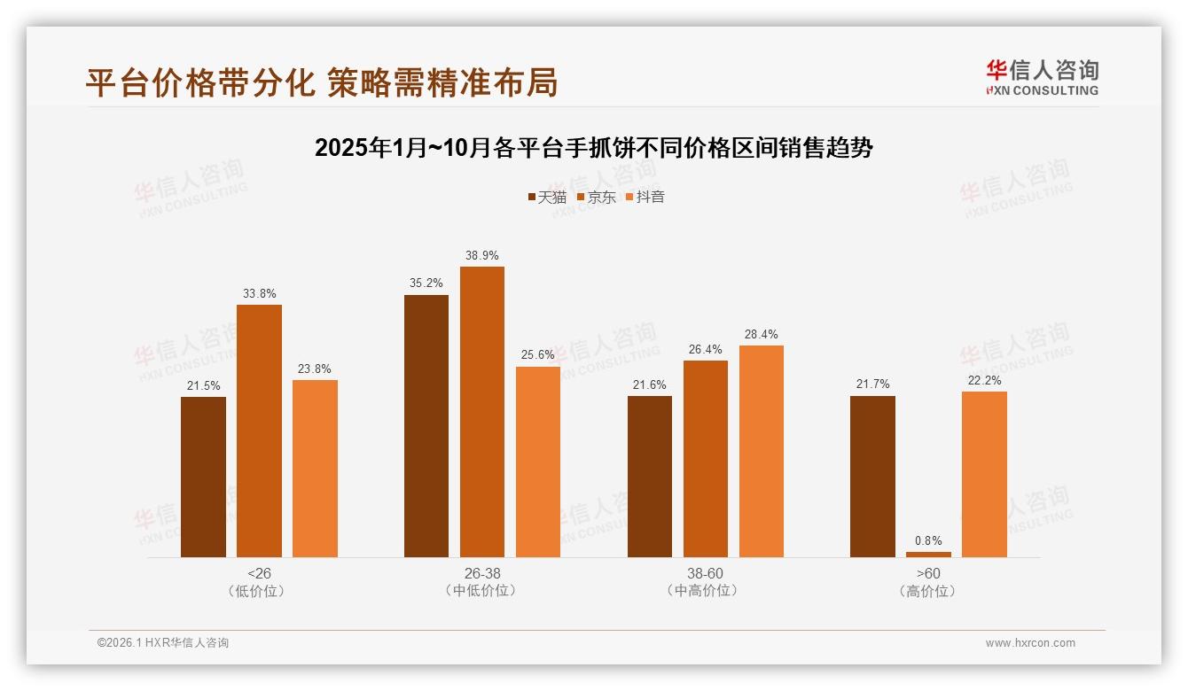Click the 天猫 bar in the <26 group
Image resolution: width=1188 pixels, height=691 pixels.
203,477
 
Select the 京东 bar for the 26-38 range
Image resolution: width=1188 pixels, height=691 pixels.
481,412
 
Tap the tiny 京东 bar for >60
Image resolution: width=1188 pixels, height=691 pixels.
928,555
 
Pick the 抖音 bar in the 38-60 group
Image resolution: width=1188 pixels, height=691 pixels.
761,451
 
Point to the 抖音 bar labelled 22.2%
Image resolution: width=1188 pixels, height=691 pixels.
984,474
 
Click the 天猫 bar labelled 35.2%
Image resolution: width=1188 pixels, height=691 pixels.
426,426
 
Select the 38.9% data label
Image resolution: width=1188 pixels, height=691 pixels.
481,256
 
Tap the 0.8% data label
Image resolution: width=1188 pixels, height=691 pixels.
928,540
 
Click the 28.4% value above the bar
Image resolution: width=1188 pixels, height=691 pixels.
761,335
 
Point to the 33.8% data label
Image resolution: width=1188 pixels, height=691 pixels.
259,294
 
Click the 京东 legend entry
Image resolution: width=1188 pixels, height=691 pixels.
596,197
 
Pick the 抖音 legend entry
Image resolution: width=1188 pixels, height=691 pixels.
645,197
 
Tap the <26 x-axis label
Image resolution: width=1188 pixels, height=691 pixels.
258,573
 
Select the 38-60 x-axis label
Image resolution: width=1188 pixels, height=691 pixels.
705,573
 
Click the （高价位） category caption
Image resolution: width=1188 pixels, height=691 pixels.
928,591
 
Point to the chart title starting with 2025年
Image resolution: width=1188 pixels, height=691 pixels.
594,148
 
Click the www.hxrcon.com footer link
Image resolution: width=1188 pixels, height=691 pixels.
1030,643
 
